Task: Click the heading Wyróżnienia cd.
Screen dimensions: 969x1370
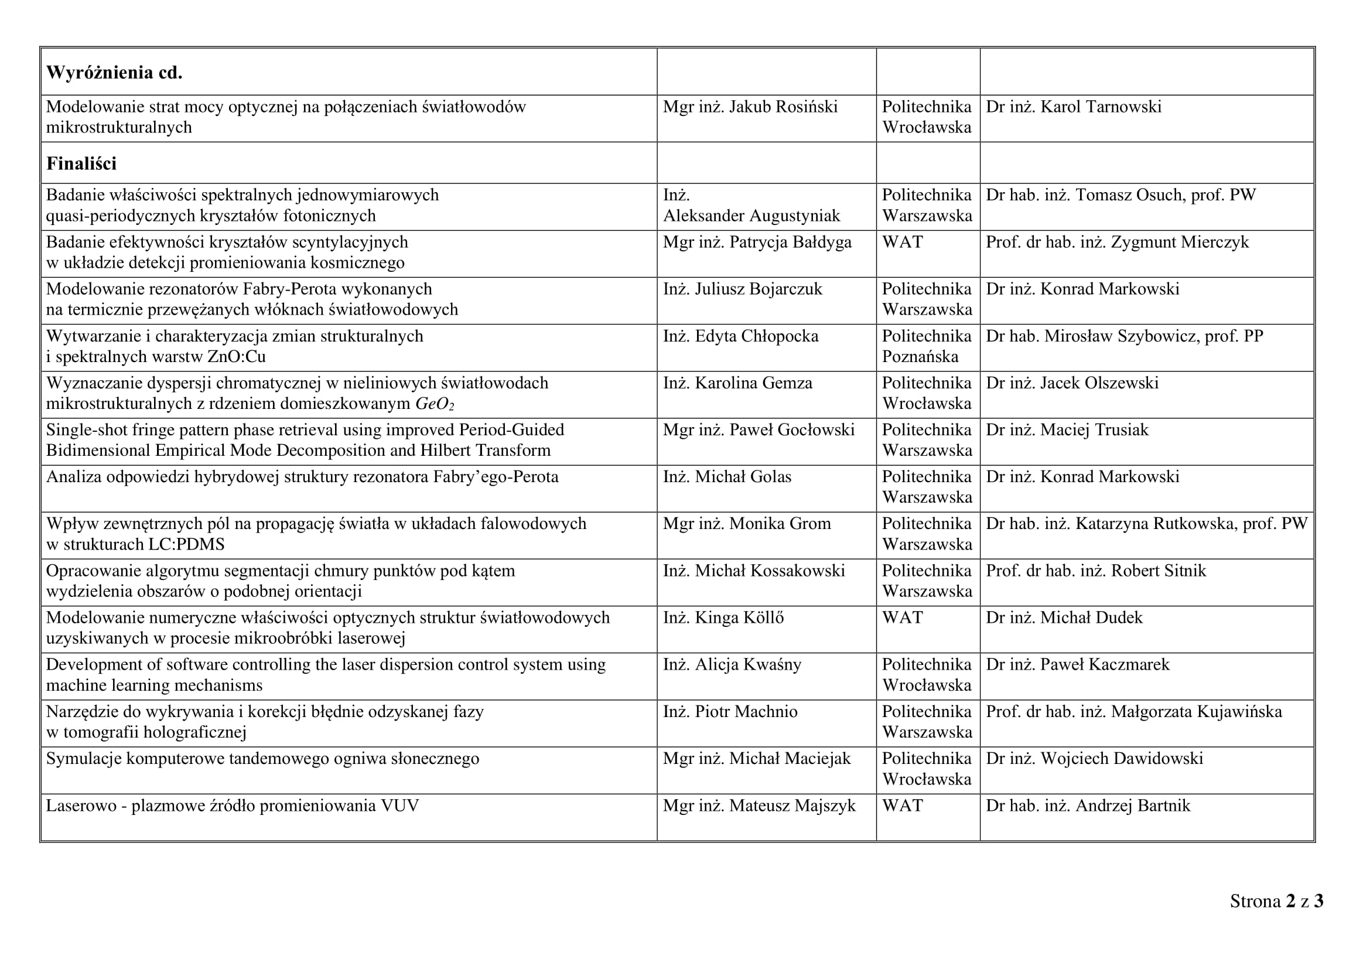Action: [x=114, y=73]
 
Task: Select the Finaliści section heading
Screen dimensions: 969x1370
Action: [x=81, y=163]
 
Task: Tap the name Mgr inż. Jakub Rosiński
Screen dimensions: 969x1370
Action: [x=750, y=107]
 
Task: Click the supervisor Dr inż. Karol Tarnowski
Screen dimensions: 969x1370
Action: [x=1074, y=107]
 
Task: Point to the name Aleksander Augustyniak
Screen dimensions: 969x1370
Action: [x=751, y=216]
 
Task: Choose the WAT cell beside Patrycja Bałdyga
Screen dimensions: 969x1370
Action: [x=902, y=243]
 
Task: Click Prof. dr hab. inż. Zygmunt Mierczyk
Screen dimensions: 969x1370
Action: [x=1117, y=243]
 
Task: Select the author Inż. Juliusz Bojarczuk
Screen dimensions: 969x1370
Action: [x=742, y=289]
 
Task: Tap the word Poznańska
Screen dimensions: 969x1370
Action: [x=920, y=357]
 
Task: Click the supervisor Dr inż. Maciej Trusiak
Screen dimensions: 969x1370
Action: [x=1067, y=430]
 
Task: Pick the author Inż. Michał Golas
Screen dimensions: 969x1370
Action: [x=727, y=477]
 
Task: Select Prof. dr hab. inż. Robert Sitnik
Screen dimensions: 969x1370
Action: [x=1095, y=571]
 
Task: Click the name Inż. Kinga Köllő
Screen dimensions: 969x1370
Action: [x=723, y=618]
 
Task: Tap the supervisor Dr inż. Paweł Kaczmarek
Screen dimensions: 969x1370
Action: [x=1078, y=665]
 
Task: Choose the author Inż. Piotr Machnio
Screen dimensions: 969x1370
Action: [x=730, y=712]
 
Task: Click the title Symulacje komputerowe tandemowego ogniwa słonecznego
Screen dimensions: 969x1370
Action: [x=262, y=759]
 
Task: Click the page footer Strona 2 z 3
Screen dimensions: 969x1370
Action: [x=1276, y=901]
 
